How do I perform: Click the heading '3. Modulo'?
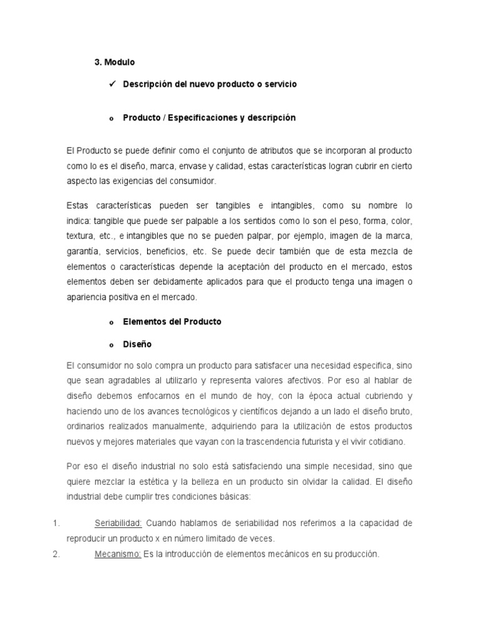pyautogui.click(x=115, y=62)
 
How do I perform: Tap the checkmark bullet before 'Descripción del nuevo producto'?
pyautogui.click(x=113, y=84)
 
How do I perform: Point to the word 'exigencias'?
pyautogui.click(x=140, y=181)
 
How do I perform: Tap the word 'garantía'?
pyautogui.click(x=82, y=252)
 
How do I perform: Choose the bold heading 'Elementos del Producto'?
pyautogui.click(x=172, y=322)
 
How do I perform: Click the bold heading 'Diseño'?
pyautogui.click(x=137, y=344)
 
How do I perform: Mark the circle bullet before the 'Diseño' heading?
pyautogui.click(x=111, y=345)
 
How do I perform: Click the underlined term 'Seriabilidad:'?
pyautogui.click(x=119, y=522)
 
